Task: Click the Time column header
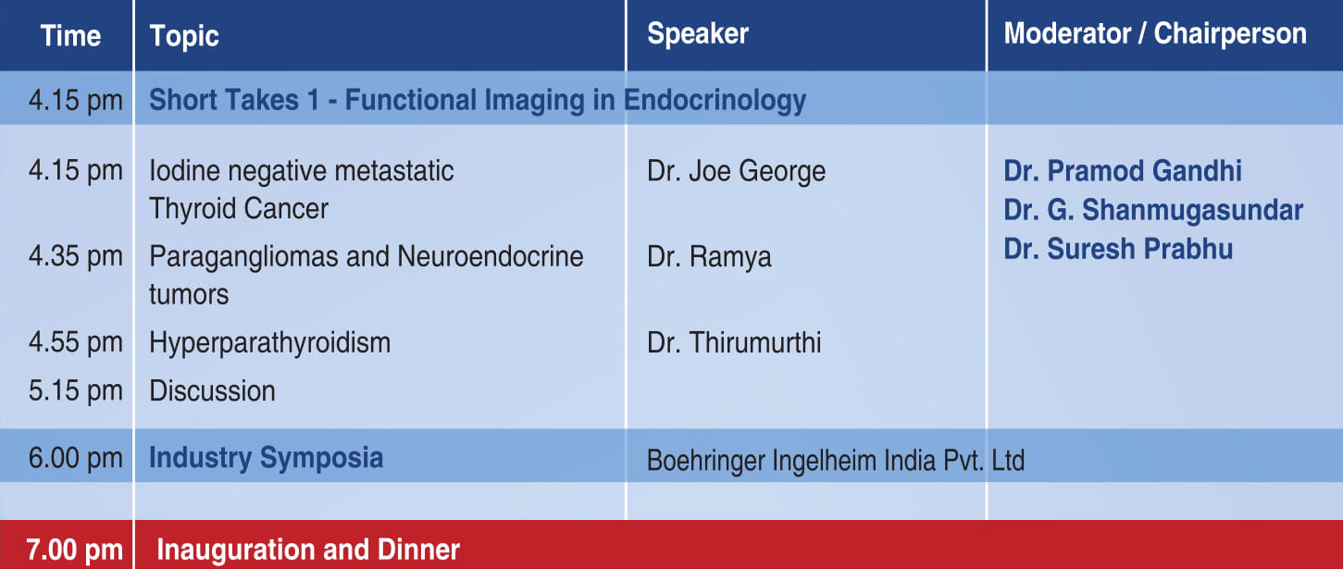[x=70, y=36]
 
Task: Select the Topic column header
[x=184, y=37]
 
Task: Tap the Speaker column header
[x=698, y=33]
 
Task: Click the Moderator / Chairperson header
[x=1155, y=33]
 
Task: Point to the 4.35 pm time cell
[x=76, y=256]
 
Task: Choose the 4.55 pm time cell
[x=76, y=342]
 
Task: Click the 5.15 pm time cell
[x=76, y=391]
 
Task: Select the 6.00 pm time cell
[x=76, y=459]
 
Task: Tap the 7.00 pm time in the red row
[x=74, y=550]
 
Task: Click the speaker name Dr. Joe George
[x=736, y=171]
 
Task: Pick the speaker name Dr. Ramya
[x=709, y=257]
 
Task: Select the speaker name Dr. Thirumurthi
[x=734, y=342]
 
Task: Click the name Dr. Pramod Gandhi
[x=1123, y=171]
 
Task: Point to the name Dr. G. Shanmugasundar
[x=1153, y=210]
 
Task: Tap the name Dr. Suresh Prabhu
[x=1118, y=249]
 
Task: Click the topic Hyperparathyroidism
[x=269, y=343]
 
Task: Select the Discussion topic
[x=212, y=391]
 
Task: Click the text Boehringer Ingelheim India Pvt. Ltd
[x=836, y=461]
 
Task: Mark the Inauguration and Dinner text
[x=308, y=550]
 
